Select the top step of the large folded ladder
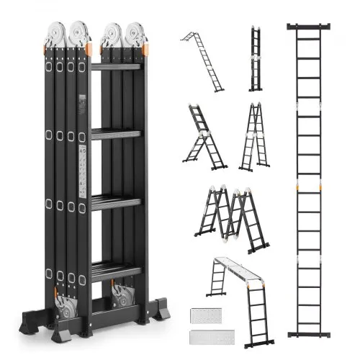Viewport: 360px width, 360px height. tap(116, 66)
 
